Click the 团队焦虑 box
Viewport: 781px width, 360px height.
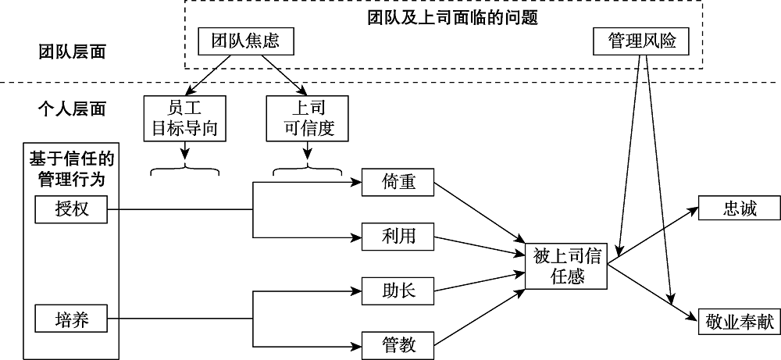tap(245, 42)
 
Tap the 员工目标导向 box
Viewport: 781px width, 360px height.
tap(185, 119)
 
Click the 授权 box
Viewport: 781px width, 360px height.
tap(71, 209)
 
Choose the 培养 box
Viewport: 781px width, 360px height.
tap(71, 318)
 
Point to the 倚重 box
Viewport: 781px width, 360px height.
tap(398, 184)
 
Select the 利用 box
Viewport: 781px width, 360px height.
tap(398, 237)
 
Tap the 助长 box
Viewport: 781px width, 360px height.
tap(398, 291)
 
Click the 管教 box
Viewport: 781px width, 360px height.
tap(398, 344)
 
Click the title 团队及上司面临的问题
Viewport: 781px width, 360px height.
tap(453, 16)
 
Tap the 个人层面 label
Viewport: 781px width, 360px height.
tap(73, 109)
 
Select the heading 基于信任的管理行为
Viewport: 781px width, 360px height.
tap(71, 169)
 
